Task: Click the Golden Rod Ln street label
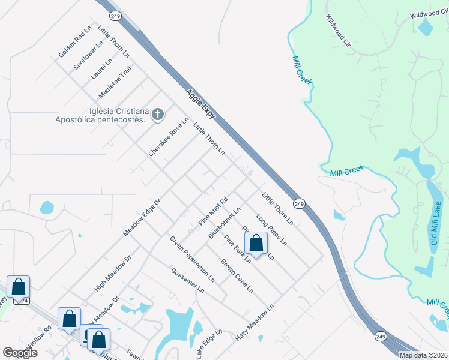tap(75, 41)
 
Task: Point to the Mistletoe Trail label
tap(115, 83)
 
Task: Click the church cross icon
tap(157, 114)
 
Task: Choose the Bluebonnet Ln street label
tap(224, 223)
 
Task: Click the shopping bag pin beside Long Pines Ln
tap(256, 243)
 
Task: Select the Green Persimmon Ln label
tap(192, 259)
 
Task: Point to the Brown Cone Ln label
tap(236, 276)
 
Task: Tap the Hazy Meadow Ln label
tap(255, 323)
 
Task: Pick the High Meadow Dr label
tap(112, 273)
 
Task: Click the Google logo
tap(19, 353)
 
